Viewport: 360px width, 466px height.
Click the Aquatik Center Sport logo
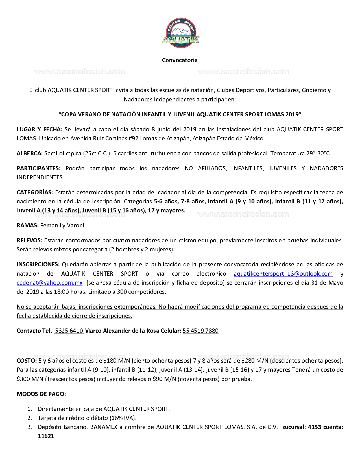click(180, 33)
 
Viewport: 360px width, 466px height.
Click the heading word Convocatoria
click(180, 60)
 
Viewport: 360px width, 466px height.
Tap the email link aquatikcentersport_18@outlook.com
click(283, 274)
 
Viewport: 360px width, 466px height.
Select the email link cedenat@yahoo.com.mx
click(49, 283)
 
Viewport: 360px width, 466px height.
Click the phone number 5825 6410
click(69, 331)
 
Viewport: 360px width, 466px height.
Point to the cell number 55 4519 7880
click(200, 331)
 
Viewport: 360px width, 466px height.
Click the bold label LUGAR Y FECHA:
click(40, 129)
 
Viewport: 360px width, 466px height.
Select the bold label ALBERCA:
click(30, 153)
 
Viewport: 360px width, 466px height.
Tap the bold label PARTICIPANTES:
click(38, 168)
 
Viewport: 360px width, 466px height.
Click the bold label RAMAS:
click(28, 225)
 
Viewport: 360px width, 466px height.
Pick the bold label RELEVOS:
click(29, 240)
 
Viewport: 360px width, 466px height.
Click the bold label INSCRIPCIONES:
click(38, 264)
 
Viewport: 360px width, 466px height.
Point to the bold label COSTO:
click(27, 361)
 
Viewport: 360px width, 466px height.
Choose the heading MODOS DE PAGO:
click(41, 394)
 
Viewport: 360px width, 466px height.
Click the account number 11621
click(46, 436)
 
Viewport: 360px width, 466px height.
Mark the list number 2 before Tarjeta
click(30, 418)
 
